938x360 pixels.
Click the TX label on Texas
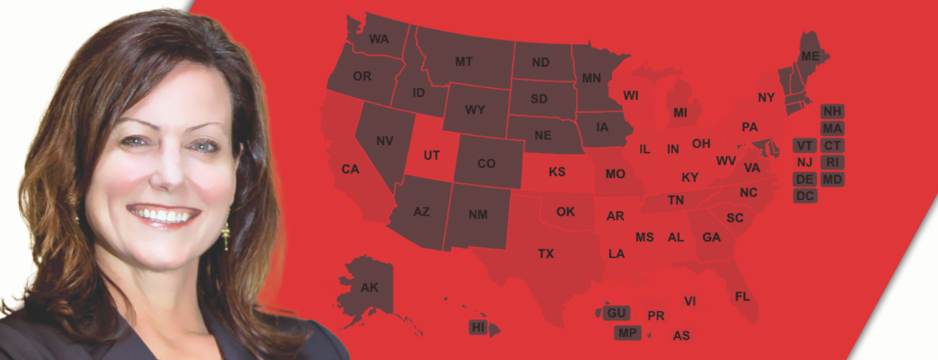point(546,254)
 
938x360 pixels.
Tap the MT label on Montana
point(464,62)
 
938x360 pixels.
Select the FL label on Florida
point(742,296)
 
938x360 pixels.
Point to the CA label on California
point(350,169)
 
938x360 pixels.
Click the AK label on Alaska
point(369,287)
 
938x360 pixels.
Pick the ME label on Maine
point(810,56)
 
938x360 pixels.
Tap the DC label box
point(805,196)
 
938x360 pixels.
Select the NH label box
point(832,111)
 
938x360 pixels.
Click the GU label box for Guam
point(616,313)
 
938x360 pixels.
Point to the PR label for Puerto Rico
point(656,316)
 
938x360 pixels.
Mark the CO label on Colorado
point(487,164)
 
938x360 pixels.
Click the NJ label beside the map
point(805,162)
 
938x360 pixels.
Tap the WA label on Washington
point(379,39)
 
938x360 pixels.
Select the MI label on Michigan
point(681,114)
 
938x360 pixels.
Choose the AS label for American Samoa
point(682,336)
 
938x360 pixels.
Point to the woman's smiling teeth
point(163,216)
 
